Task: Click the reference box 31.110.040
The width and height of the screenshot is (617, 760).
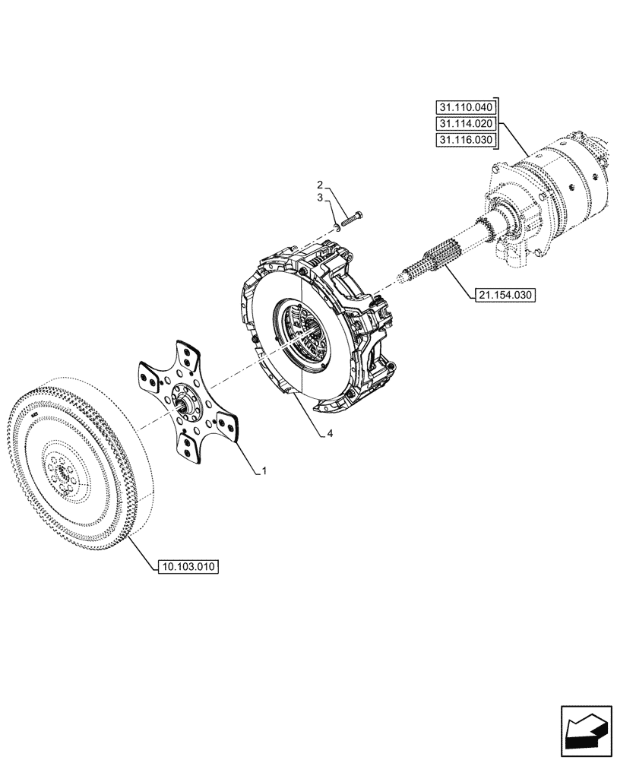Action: pos(464,107)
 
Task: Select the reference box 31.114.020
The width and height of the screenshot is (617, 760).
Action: pos(464,124)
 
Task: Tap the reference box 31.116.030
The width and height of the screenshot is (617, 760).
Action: pos(464,141)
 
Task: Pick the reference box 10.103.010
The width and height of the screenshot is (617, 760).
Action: pos(188,566)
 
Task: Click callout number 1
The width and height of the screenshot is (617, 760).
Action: pos(264,472)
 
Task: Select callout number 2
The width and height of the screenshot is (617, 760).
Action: pos(320,185)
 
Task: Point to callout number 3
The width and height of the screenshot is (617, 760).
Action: pos(320,198)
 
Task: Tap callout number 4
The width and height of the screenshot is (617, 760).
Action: pos(329,434)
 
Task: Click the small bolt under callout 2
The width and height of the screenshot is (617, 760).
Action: pos(353,218)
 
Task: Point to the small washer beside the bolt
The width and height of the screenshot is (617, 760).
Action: pos(337,226)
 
